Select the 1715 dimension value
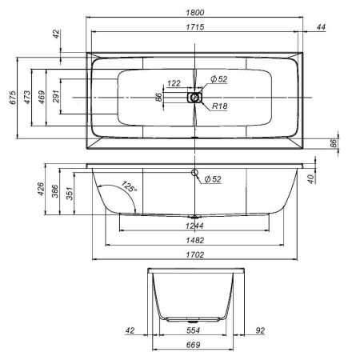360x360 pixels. coord(195,28)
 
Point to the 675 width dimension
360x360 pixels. coord(12,99)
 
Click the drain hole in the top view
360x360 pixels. coord(195,97)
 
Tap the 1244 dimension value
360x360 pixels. coord(194,226)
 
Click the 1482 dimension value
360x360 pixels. coord(194,241)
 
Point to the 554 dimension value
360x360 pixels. coord(195,330)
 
